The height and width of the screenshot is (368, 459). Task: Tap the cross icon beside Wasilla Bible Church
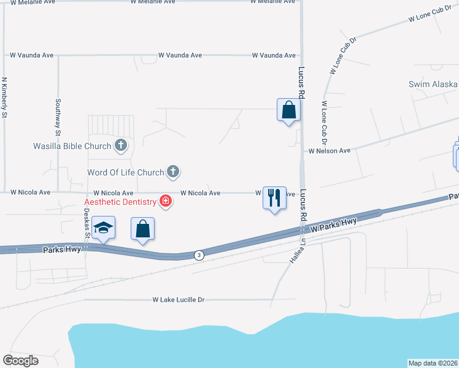121,145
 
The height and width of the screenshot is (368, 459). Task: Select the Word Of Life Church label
125,172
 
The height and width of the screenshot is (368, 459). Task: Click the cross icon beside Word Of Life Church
174,172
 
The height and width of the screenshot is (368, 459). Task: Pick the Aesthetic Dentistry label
120,202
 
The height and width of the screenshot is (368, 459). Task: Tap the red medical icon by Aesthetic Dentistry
164,201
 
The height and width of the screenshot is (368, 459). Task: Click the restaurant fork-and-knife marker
274,198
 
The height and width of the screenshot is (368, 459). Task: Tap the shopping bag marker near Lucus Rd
288,111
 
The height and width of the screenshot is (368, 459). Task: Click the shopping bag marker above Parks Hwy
143,230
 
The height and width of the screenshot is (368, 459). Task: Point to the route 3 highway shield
198,255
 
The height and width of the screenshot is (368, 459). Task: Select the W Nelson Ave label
329,150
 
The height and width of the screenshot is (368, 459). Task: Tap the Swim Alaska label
433,84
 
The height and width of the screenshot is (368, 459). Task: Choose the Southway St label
58,117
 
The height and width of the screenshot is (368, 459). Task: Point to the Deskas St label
87,224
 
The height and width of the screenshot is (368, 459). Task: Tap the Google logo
20,361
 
